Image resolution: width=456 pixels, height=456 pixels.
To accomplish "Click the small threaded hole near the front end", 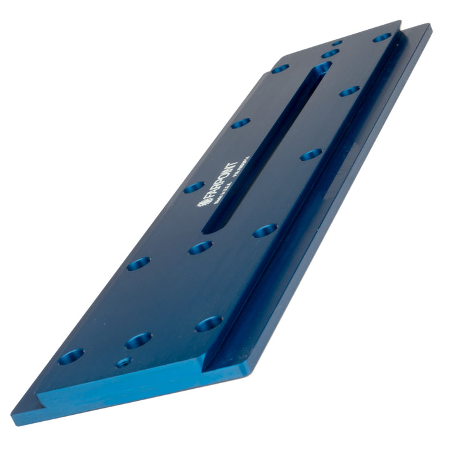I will pos(124,362).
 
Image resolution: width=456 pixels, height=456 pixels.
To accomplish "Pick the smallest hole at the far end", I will pos(336,43).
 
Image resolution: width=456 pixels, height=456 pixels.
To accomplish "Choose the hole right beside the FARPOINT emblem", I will pos(194,187).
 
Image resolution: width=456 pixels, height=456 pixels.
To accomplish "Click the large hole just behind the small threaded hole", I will pos(138,341).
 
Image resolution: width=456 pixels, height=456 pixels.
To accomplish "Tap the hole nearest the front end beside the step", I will pos(208,324).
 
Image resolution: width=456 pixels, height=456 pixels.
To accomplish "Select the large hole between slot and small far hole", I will pos(329,54).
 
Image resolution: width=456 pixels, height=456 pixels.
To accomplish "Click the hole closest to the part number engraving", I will pos(310,154).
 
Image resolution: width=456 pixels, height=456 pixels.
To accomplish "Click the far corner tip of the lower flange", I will pos(430,27).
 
